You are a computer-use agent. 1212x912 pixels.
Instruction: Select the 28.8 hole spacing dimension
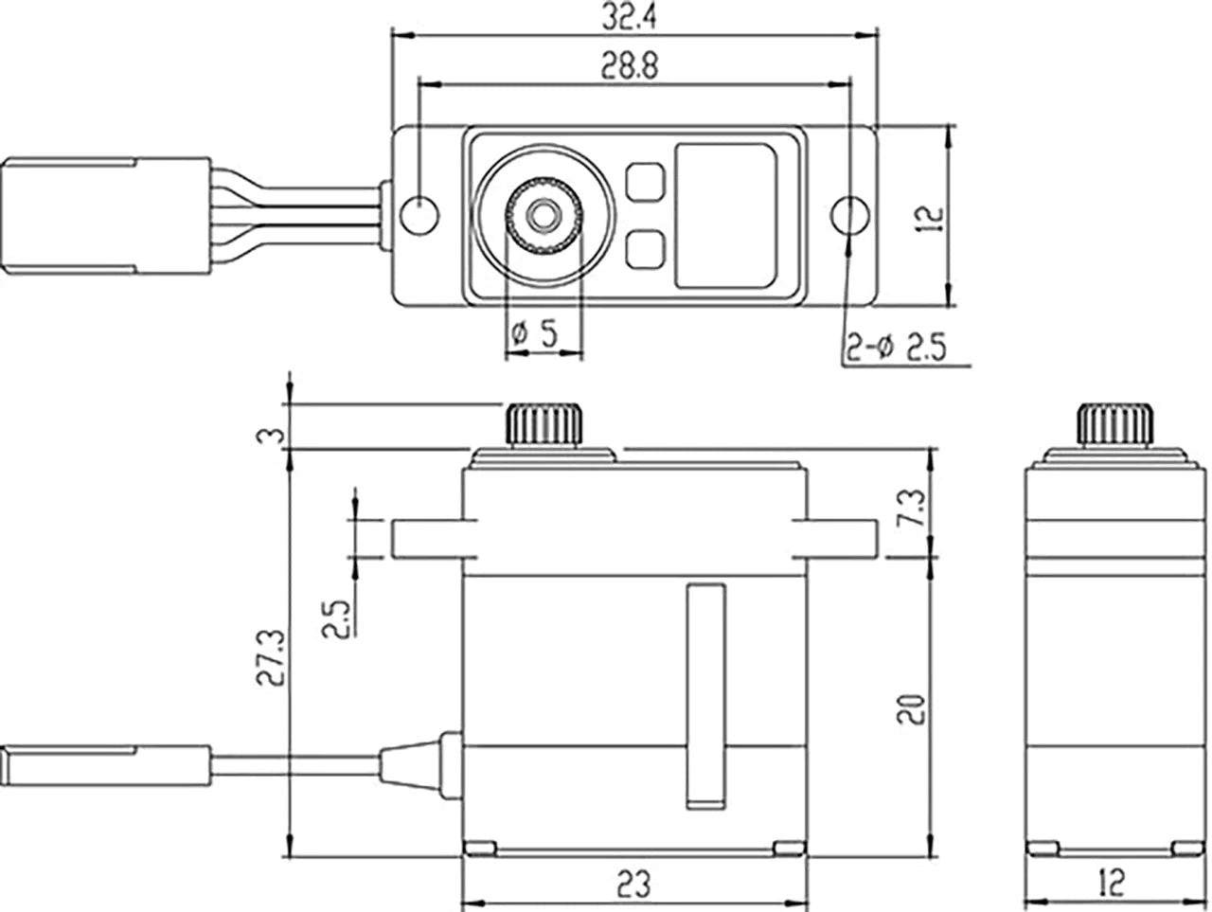pos(632,65)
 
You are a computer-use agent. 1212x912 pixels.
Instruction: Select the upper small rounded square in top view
pos(644,181)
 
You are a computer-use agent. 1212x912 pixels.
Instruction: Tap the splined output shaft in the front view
pos(544,425)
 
